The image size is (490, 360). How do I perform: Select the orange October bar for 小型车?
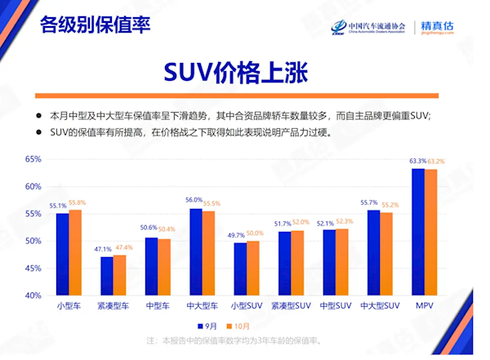[x=76, y=252]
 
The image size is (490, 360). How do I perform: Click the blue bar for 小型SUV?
[x=240, y=269]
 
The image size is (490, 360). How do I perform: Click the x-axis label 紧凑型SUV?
[x=292, y=305]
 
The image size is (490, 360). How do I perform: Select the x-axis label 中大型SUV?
[x=380, y=305]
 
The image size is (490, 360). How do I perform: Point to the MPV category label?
[x=424, y=305]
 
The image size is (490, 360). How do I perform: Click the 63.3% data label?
[x=417, y=161]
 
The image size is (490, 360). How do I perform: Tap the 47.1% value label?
[x=103, y=248]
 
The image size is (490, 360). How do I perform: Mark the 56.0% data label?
[x=194, y=200]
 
